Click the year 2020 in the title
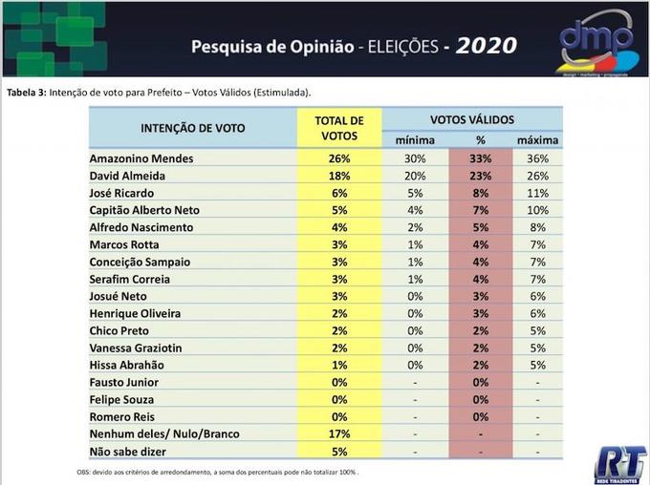pos(486,46)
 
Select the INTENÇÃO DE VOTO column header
pos(192,128)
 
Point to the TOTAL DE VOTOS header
pos(339,128)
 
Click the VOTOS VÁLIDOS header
pos(472,119)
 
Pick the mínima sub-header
pos(415,140)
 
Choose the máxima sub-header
pos(538,140)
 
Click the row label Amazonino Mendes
pos(141,158)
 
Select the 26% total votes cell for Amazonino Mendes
pos(339,158)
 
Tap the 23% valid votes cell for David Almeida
pos(481,176)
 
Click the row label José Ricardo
pos(121,193)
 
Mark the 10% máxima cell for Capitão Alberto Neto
pos(538,210)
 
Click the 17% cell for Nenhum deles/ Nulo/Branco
pos(339,433)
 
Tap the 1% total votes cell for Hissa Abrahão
pos(339,365)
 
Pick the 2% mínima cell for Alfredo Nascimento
pos(415,227)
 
